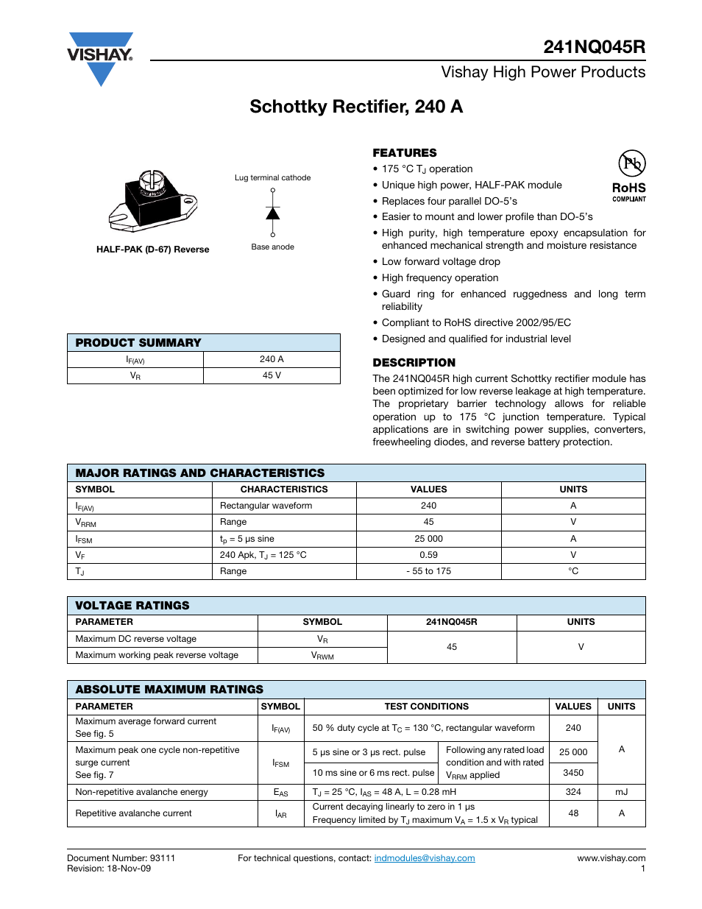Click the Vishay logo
[x=100, y=57]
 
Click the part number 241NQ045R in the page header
[x=594, y=47]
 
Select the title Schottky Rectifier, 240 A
[x=356, y=107]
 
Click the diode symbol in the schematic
[x=273, y=213]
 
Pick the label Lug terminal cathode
[x=272, y=177]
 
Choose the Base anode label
[x=272, y=247]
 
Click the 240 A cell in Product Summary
[x=272, y=359]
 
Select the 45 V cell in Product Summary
[x=272, y=375]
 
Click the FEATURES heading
[x=404, y=153]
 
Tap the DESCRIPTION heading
[x=414, y=363]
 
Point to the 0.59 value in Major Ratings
[x=428, y=555]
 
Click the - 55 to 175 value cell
[x=428, y=571]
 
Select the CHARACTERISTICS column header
[x=284, y=489]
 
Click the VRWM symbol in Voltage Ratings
[x=322, y=655]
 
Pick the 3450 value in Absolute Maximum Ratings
[x=573, y=773]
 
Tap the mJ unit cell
[x=621, y=792]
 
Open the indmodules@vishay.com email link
[x=425, y=858]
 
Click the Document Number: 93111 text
[x=121, y=858]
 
